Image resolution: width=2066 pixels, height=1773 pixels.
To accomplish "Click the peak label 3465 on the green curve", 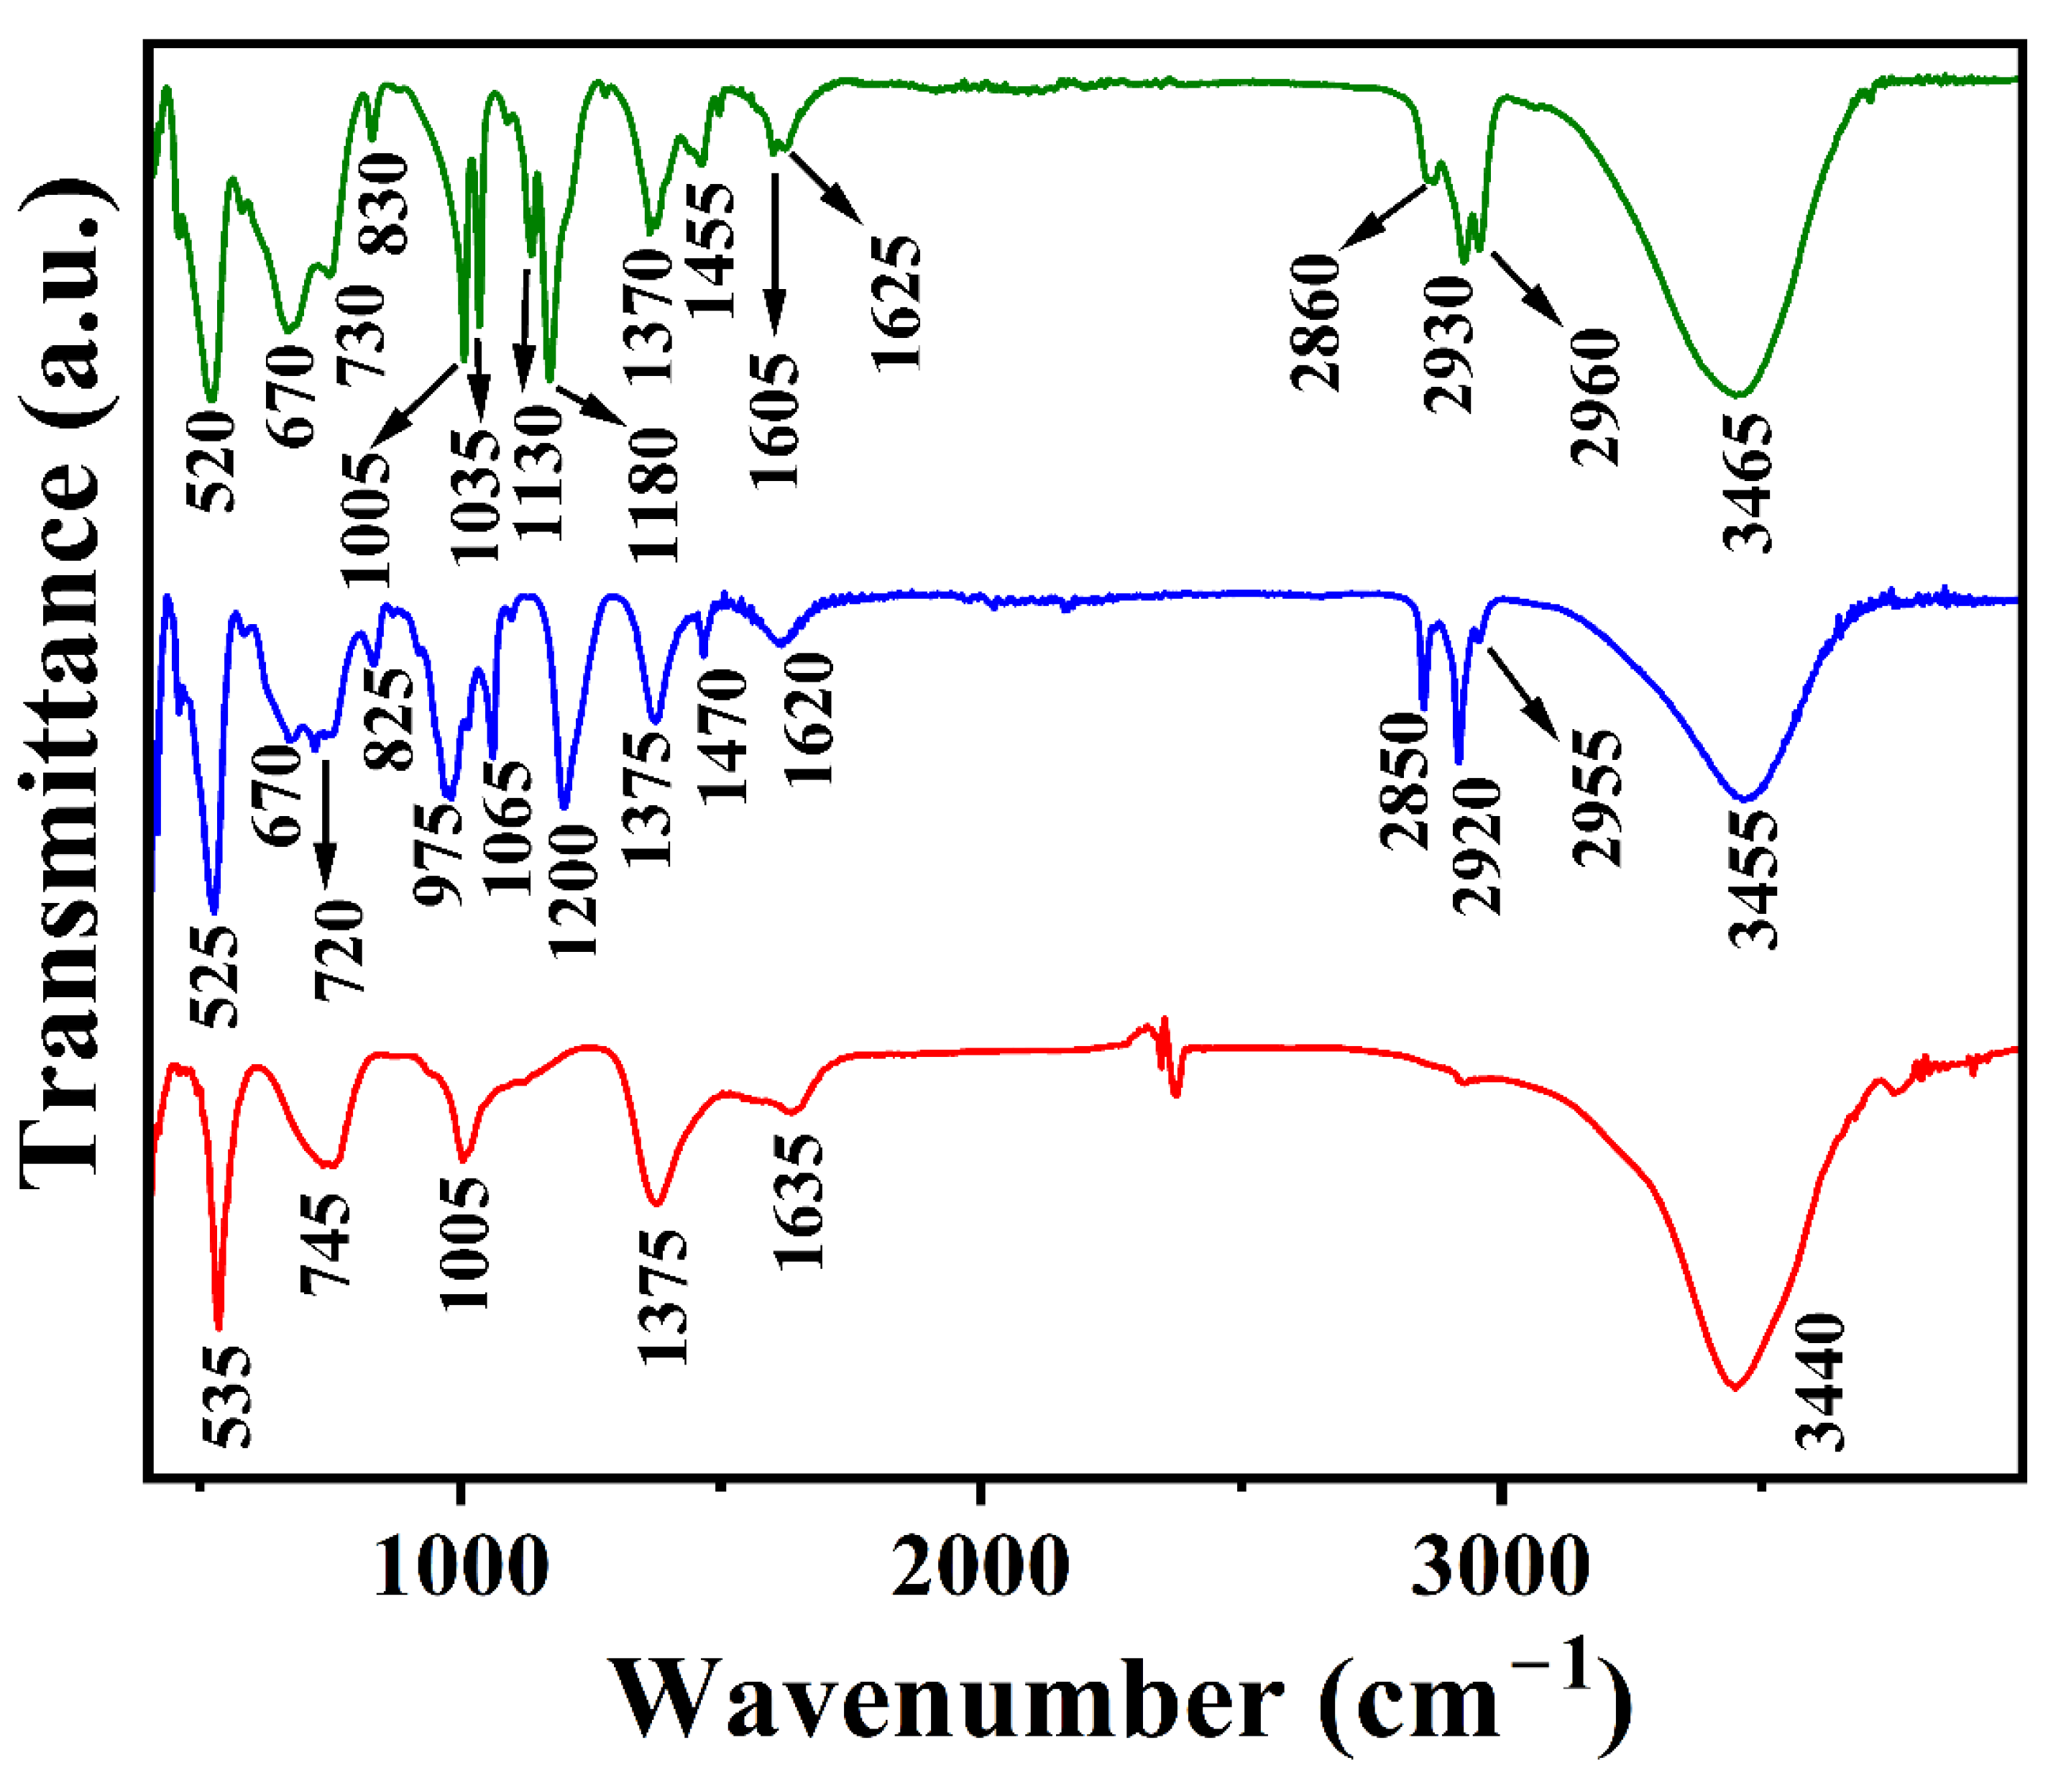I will [x=1749, y=484].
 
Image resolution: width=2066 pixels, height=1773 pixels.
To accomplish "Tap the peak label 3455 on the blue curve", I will [x=1753, y=878].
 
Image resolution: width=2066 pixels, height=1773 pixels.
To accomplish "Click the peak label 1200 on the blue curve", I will [x=574, y=892].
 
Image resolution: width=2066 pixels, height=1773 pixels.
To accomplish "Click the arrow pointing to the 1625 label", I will [x=825, y=185].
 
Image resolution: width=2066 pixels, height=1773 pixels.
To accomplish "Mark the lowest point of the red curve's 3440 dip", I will [x=1735, y=1387].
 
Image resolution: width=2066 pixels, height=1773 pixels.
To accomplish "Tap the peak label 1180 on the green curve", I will [x=654, y=495].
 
